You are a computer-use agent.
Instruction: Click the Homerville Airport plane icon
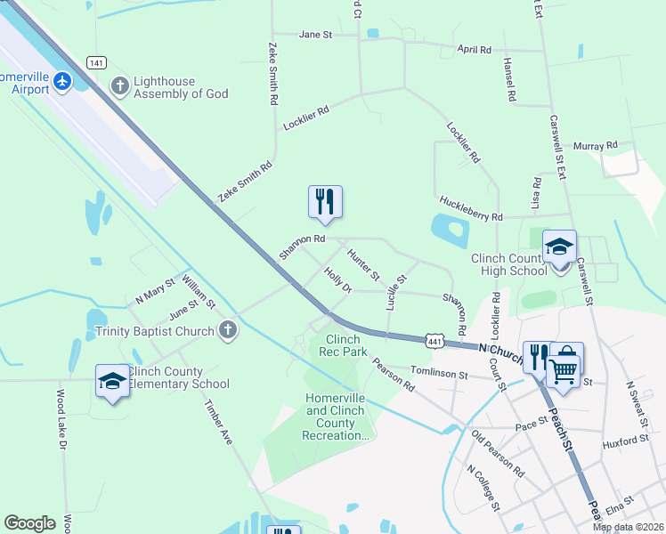click(x=62, y=82)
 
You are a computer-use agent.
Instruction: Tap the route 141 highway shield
click(x=97, y=61)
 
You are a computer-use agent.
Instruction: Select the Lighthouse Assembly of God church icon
click(x=120, y=86)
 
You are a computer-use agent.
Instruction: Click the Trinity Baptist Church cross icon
click(x=227, y=331)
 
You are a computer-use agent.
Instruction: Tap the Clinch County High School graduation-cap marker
click(x=559, y=248)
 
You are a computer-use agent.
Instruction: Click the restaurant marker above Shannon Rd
click(x=325, y=202)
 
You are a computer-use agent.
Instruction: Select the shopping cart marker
click(x=563, y=369)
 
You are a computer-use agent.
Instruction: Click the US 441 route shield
click(x=434, y=341)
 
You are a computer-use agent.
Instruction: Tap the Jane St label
click(x=315, y=35)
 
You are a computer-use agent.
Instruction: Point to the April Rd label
click(x=474, y=50)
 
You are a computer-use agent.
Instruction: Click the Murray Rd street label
click(x=596, y=145)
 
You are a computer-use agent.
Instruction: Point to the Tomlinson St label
click(x=438, y=376)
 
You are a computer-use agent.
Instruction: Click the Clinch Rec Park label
click(x=343, y=345)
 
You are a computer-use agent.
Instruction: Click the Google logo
click(x=29, y=523)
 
